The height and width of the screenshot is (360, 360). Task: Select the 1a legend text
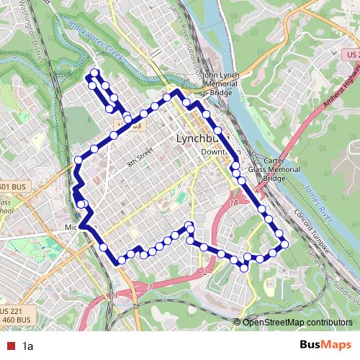tap(28, 346)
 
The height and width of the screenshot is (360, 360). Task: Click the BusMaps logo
tap(325, 346)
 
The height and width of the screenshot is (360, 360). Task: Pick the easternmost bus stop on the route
tap(284, 243)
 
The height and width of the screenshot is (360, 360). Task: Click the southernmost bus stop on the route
tap(245, 268)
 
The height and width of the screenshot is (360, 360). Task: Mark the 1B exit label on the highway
tap(233, 203)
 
